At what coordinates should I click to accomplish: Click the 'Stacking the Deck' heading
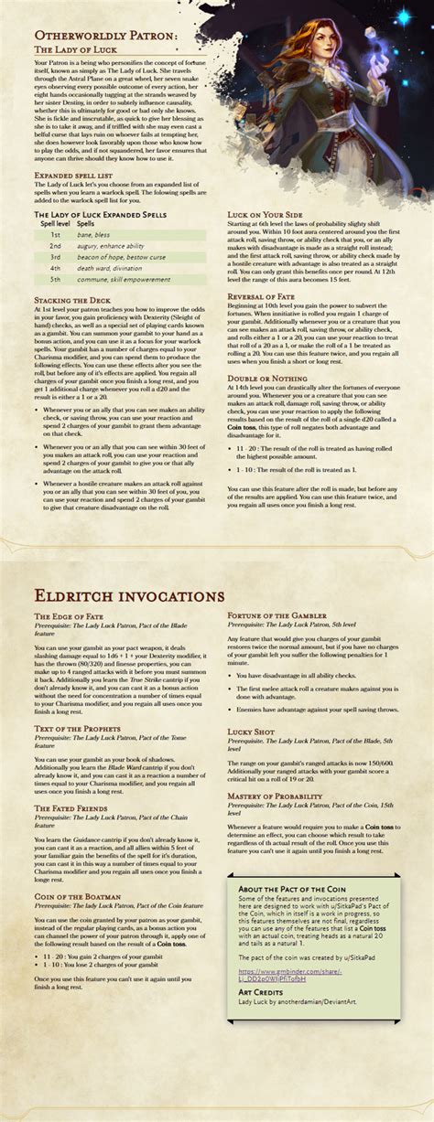pyautogui.click(x=72, y=300)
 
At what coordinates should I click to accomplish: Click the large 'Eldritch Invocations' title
pyautogui.click(x=128, y=595)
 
